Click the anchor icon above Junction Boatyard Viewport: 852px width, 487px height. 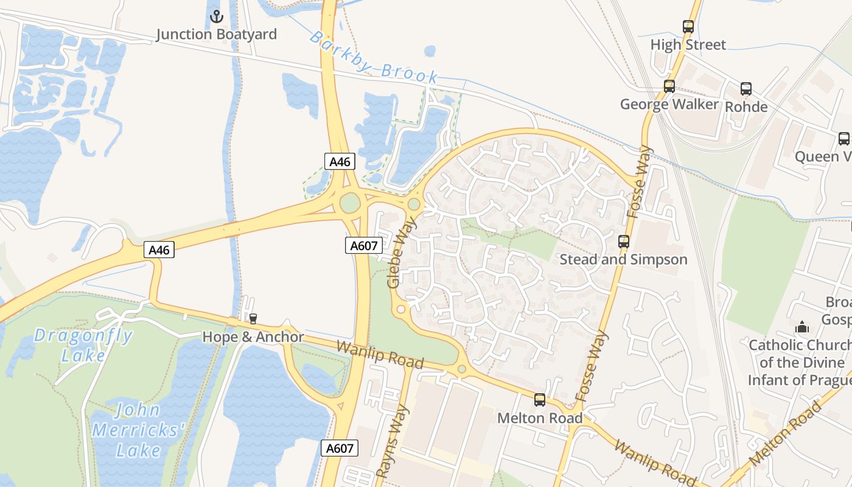(x=216, y=16)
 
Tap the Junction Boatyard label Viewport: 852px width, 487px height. (x=216, y=34)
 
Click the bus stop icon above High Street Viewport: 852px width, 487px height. (x=688, y=27)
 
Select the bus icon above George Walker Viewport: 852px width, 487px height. (x=669, y=86)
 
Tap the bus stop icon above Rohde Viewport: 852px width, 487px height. (x=746, y=89)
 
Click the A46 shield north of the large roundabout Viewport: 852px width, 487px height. (x=340, y=161)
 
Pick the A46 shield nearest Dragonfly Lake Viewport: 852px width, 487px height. (x=159, y=250)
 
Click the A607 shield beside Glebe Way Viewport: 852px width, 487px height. (x=364, y=245)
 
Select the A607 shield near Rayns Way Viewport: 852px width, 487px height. (x=340, y=449)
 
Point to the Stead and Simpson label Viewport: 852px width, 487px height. (x=623, y=259)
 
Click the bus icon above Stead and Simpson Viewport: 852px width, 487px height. (x=624, y=242)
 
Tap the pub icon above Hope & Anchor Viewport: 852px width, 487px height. (x=253, y=319)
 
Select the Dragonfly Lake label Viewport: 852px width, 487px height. (x=83, y=345)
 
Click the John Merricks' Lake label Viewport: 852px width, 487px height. (x=138, y=430)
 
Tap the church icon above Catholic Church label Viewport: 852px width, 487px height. (x=801, y=327)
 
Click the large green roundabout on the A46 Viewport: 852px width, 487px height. (x=350, y=203)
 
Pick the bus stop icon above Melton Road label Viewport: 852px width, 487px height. (x=540, y=400)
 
